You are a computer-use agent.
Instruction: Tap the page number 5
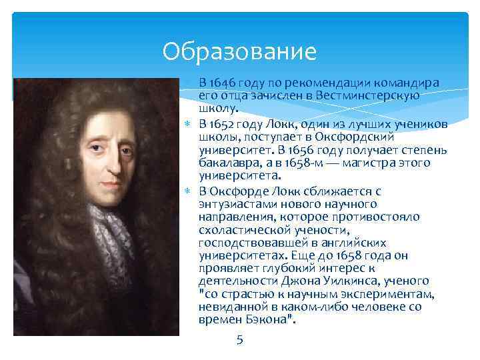(240, 340)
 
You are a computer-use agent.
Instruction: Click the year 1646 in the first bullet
(221, 83)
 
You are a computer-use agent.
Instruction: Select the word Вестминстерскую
(378, 95)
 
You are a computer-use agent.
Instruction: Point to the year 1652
(221, 125)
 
